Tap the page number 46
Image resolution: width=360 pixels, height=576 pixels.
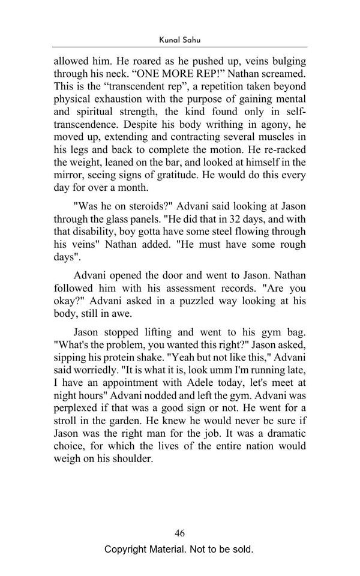pos(179,533)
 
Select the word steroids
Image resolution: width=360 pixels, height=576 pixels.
pos(148,206)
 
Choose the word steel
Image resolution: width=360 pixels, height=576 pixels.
pos(217,231)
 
